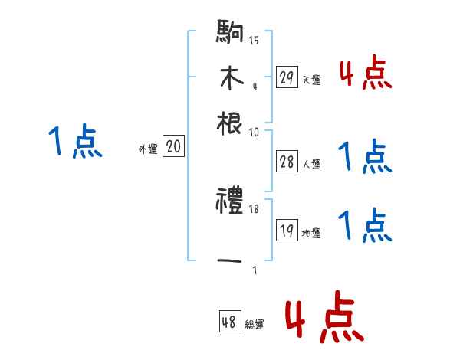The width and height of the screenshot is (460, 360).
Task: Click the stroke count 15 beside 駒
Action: tap(254, 41)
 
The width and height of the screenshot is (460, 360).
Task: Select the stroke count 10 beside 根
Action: tap(254, 132)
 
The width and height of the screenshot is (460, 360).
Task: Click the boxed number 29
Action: tap(287, 77)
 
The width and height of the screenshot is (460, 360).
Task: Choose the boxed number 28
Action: tap(287, 161)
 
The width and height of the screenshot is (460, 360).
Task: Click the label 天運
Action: tap(311, 80)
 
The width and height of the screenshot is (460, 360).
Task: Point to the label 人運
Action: tap(311, 163)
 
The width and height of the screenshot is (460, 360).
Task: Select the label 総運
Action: tap(255, 325)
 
